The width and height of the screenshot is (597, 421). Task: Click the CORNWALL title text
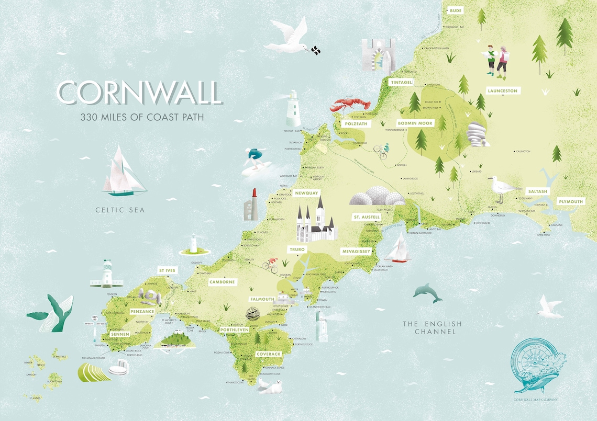tap(139, 93)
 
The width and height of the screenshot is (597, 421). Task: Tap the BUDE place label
tap(455, 10)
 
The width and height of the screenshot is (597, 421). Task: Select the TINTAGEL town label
tap(402, 82)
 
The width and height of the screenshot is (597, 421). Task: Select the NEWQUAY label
tap(306, 193)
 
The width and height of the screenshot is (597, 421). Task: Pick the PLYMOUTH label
tap(570, 201)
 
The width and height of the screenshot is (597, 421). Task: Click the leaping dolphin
tap(427, 293)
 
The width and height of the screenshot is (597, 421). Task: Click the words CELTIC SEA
tap(119, 210)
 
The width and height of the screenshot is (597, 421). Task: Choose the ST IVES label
tap(167, 270)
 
